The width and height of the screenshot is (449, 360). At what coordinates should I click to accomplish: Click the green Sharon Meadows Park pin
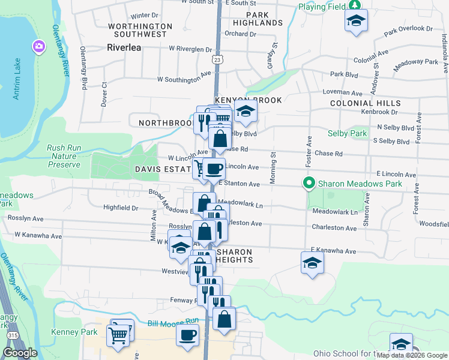[x=309, y=183]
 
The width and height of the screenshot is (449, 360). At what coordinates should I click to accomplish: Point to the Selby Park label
[x=347, y=133]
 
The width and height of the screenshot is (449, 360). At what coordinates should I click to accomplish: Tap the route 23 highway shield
[x=218, y=59]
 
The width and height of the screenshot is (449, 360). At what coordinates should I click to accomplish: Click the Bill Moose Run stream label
[x=173, y=323]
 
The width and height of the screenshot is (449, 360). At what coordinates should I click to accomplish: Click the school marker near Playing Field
[x=356, y=21]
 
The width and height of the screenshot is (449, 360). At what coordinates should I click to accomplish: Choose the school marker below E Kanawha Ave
[x=312, y=263]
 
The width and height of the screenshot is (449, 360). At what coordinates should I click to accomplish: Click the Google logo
[x=20, y=353]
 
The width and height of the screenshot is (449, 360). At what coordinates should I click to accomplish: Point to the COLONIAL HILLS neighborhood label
[x=364, y=103]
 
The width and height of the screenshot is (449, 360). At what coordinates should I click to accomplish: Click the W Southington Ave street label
[x=185, y=78]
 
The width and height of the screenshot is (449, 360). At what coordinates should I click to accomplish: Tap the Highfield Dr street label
[x=121, y=208]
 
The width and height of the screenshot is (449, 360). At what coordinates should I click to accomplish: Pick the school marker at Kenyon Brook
[x=245, y=111]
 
